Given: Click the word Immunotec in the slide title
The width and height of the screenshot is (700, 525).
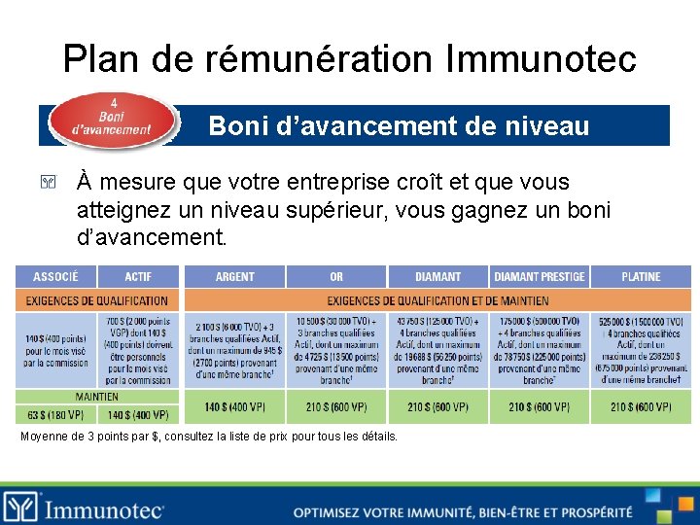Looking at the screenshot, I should (x=541, y=59).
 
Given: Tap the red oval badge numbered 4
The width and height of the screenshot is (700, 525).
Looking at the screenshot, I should (x=112, y=122).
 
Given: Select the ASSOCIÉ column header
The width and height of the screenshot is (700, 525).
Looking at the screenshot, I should (x=55, y=277).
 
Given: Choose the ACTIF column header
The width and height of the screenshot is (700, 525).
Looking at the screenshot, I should (x=138, y=277).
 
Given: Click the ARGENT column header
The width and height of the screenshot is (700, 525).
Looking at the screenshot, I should (x=234, y=277).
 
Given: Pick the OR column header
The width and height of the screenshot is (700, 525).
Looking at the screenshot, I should (x=336, y=277).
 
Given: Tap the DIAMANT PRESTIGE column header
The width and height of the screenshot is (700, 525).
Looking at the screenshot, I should (x=539, y=277).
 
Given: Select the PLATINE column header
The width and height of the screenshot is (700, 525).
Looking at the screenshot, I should (x=641, y=277).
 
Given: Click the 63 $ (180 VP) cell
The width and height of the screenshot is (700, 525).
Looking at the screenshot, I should (x=55, y=414).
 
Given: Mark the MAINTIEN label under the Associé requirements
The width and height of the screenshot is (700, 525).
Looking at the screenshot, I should (x=97, y=397).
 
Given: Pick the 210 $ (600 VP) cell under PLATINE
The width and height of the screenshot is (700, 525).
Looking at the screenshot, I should (x=641, y=406).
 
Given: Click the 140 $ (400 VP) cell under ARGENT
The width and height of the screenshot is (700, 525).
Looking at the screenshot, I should (x=234, y=406).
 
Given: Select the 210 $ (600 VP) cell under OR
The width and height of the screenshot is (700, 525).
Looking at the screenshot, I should (x=336, y=406).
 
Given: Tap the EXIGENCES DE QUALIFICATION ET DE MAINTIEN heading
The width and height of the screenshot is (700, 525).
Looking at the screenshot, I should (x=437, y=301).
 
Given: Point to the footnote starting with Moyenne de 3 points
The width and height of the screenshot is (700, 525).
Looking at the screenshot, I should (x=209, y=437).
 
